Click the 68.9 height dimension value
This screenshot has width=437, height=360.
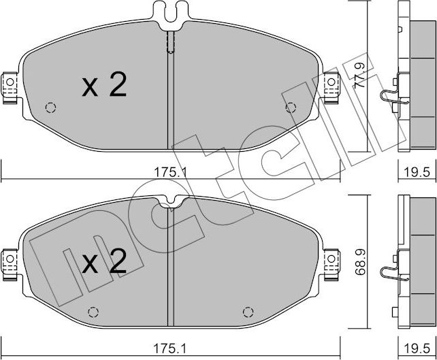(x=361, y=263)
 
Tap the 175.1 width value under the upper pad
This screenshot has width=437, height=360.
(x=171, y=173)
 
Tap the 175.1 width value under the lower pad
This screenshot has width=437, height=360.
(x=169, y=348)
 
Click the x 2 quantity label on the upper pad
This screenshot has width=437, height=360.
(x=104, y=84)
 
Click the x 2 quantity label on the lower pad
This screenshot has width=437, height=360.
(x=104, y=261)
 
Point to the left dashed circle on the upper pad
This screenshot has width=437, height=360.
(x=50, y=108)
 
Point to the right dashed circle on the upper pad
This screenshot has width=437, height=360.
(x=291, y=108)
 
